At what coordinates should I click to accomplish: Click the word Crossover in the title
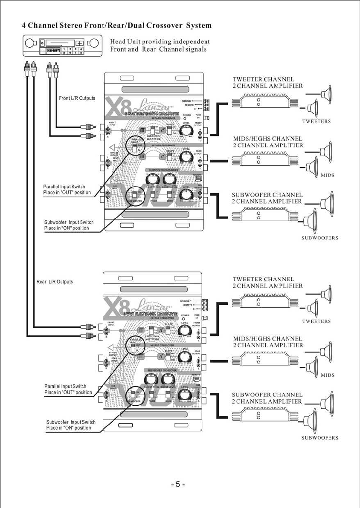165,26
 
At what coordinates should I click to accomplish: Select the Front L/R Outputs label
77,98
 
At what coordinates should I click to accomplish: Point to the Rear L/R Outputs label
55,282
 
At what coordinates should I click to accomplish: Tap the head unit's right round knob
95,43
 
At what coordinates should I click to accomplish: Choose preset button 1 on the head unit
64,49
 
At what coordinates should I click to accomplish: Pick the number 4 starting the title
24,26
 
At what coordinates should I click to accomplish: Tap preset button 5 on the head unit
64,53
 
